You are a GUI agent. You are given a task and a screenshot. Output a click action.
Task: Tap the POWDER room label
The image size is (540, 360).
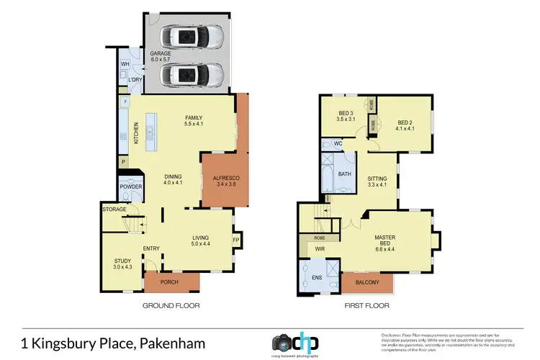pos(132,187)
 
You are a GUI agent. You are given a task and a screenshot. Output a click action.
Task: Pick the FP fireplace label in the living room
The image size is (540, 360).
pos(235,240)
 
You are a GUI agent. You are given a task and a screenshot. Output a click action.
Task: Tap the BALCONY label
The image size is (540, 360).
pos(367,282)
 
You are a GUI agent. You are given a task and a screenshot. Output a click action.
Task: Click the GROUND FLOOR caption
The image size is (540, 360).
pos(171,305)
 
